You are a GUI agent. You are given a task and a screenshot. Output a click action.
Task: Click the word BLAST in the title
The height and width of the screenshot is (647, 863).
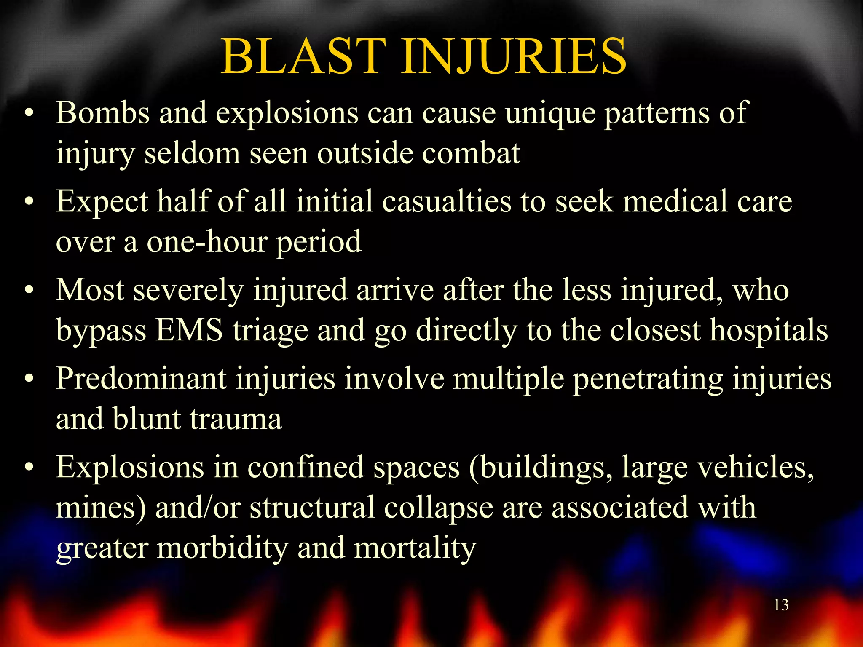tap(303, 57)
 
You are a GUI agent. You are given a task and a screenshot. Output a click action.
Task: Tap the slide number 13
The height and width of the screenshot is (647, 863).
tap(781, 605)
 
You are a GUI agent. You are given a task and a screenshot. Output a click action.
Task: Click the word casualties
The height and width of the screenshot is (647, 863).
tap(447, 201)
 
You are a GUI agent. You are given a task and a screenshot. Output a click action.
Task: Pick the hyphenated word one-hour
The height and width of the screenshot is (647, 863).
tap(206, 242)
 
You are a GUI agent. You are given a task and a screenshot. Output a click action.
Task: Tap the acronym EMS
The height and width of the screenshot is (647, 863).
tap(189, 330)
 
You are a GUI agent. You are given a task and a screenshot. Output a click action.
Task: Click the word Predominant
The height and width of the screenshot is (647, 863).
tap(141, 378)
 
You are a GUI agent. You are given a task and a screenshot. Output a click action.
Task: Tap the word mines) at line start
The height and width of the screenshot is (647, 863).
tap(101, 508)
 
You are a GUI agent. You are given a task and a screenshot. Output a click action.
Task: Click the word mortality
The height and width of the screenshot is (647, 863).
tap(415, 548)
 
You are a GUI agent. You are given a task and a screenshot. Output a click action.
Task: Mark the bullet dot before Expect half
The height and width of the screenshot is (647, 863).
tap(29, 202)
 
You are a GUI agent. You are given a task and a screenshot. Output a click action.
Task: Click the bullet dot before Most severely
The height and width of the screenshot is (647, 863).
tap(29, 291)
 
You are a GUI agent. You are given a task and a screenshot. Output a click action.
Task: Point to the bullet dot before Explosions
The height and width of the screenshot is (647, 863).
tap(29, 468)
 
